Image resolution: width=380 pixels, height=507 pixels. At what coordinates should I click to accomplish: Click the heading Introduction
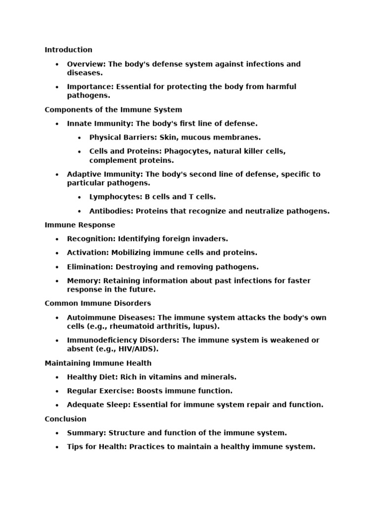pyautogui.click(x=68, y=50)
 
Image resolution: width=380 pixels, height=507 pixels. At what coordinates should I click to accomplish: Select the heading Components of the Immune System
pyautogui.click(x=113, y=109)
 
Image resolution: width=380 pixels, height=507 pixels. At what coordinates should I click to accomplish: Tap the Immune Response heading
pyautogui.click(x=73, y=225)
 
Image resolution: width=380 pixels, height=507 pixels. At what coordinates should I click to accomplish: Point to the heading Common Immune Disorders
pyautogui.click(x=97, y=303)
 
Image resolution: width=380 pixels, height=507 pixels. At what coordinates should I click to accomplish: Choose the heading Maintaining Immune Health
pyautogui.click(x=98, y=363)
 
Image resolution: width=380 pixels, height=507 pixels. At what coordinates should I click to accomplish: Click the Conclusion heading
pyautogui.click(x=65, y=419)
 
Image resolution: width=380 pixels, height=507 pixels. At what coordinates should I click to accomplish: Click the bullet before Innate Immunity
pyautogui.click(x=57, y=124)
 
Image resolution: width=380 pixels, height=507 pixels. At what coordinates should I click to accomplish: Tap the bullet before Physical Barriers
pyautogui.click(x=80, y=138)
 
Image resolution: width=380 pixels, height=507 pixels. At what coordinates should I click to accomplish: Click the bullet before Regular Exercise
pyautogui.click(x=57, y=391)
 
